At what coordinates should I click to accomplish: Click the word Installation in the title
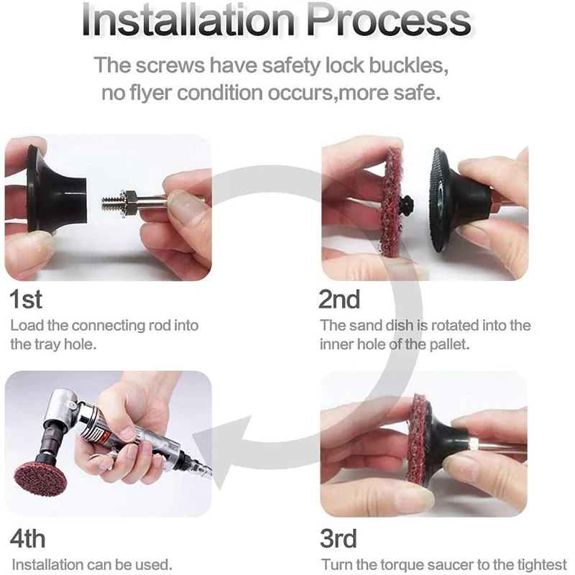[188, 20]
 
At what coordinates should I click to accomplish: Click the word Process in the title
[389, 20]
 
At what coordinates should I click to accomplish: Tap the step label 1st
[26, 299]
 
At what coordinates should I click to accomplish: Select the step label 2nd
[339, 299]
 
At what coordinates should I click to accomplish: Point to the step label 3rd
[338, 538]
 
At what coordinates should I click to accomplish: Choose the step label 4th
[27, 538]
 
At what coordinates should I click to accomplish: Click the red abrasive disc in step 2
[390, 203]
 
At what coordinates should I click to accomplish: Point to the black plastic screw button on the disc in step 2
[406, 203]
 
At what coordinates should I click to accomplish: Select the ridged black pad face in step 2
[438, 200]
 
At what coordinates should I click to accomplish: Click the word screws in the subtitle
[170, 65]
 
